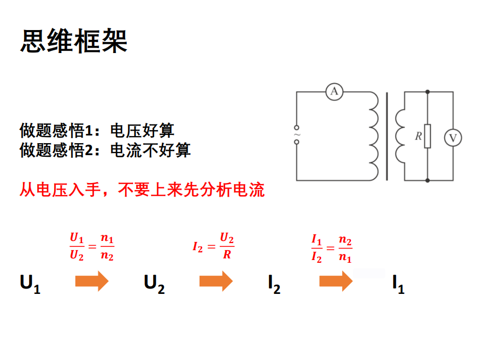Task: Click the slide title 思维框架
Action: [74, 41]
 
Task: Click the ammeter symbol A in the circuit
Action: [334, 92]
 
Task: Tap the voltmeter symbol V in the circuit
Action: [453, 138]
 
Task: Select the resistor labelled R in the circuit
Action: [427, 136]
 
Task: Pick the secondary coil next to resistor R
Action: [400, 135]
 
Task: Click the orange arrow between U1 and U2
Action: [91, 281]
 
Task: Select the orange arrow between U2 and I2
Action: [216, 281]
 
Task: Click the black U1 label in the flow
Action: [30, 284]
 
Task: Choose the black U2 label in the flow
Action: [154, 284]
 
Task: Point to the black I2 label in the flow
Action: [274, 284]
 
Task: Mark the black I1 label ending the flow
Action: [398, 284]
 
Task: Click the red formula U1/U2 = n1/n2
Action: [92, 247]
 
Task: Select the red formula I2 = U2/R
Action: [214, 246]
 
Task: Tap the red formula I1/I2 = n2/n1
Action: [332, 247]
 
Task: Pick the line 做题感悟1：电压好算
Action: [97, 131]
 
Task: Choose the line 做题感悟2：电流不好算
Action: [105, 150]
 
